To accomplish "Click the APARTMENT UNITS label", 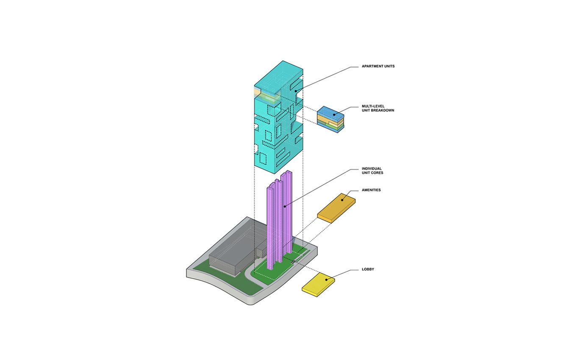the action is coord(378,66).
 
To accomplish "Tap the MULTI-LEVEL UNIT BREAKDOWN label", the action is coord(378,108).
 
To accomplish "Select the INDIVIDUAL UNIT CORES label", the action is coord(372,171).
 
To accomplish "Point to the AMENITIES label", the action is coord(371,190).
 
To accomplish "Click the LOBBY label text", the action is coord(368,269).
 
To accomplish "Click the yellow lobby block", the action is coord(318,285).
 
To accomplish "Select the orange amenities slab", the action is coord(336,208).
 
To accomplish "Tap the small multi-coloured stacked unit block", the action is coord(330,120).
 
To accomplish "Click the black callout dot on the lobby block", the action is coord(326,280).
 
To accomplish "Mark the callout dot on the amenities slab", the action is coord(342,200).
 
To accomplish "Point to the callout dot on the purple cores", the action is coord(284,206).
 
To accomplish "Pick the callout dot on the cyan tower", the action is coord(296,91).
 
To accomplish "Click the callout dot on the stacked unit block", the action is coord(334,115).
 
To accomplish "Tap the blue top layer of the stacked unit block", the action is coord(330,113).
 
